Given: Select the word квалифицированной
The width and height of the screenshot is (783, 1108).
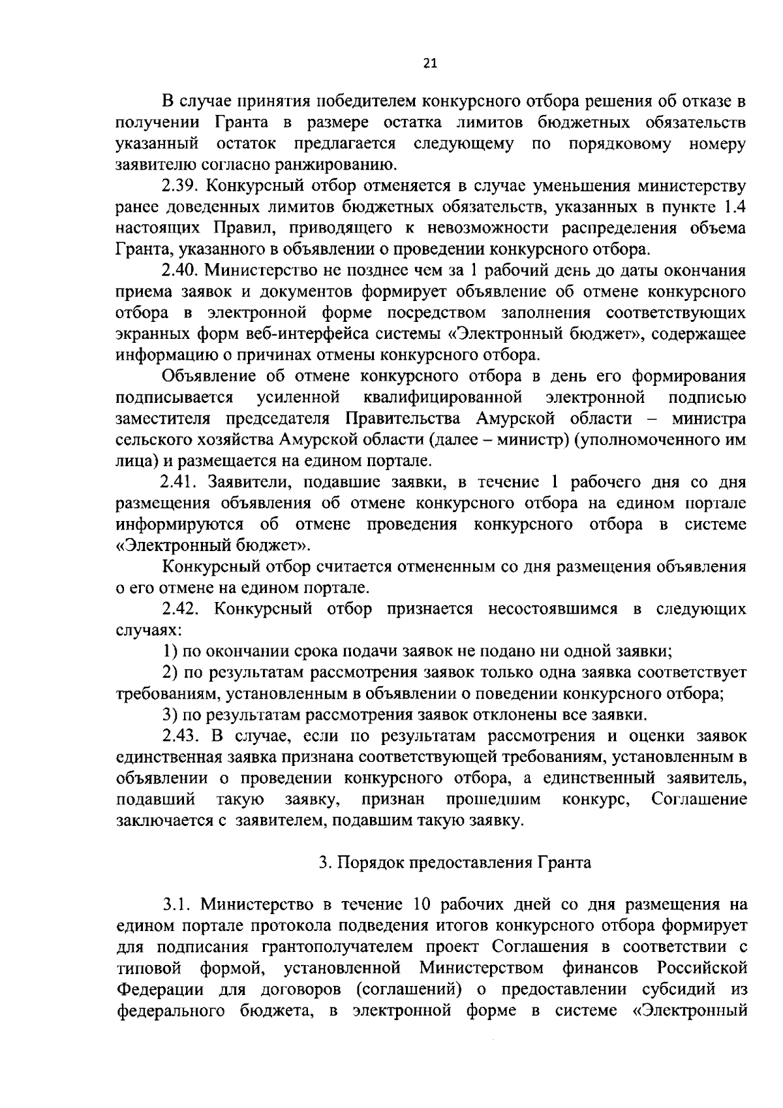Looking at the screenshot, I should (x=440, y=397).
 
